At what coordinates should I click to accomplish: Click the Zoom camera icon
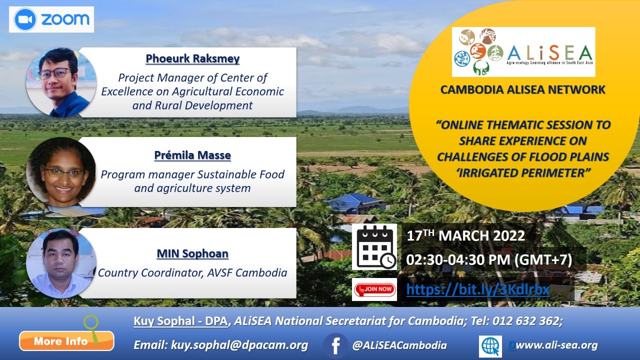(25, 19)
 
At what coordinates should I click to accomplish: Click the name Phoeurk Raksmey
(192, 58)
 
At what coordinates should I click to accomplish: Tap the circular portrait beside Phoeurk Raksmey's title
(61, 82)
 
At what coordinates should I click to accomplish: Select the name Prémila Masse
(192, 155)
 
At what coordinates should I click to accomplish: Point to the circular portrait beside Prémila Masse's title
(61, 172)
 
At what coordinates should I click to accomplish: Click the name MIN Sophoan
(192, 253)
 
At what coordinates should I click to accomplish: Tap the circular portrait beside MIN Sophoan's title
(61, 263)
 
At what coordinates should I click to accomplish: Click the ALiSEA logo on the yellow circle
(523, 52)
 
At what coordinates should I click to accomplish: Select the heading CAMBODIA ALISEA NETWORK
(523, 89)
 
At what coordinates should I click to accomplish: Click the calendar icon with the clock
(374, 247)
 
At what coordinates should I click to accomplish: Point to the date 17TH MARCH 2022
(465, 235)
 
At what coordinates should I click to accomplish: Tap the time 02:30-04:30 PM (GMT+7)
(489, 260)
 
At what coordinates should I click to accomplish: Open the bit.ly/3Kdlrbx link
(478, 289)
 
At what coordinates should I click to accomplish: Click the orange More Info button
(66, 341)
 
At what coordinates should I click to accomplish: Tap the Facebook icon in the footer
(335, 345)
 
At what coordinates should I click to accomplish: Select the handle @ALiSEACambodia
(399, 345)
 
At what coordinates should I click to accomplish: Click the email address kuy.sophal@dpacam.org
(239, 345)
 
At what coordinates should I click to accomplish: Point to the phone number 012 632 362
(525, 321)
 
